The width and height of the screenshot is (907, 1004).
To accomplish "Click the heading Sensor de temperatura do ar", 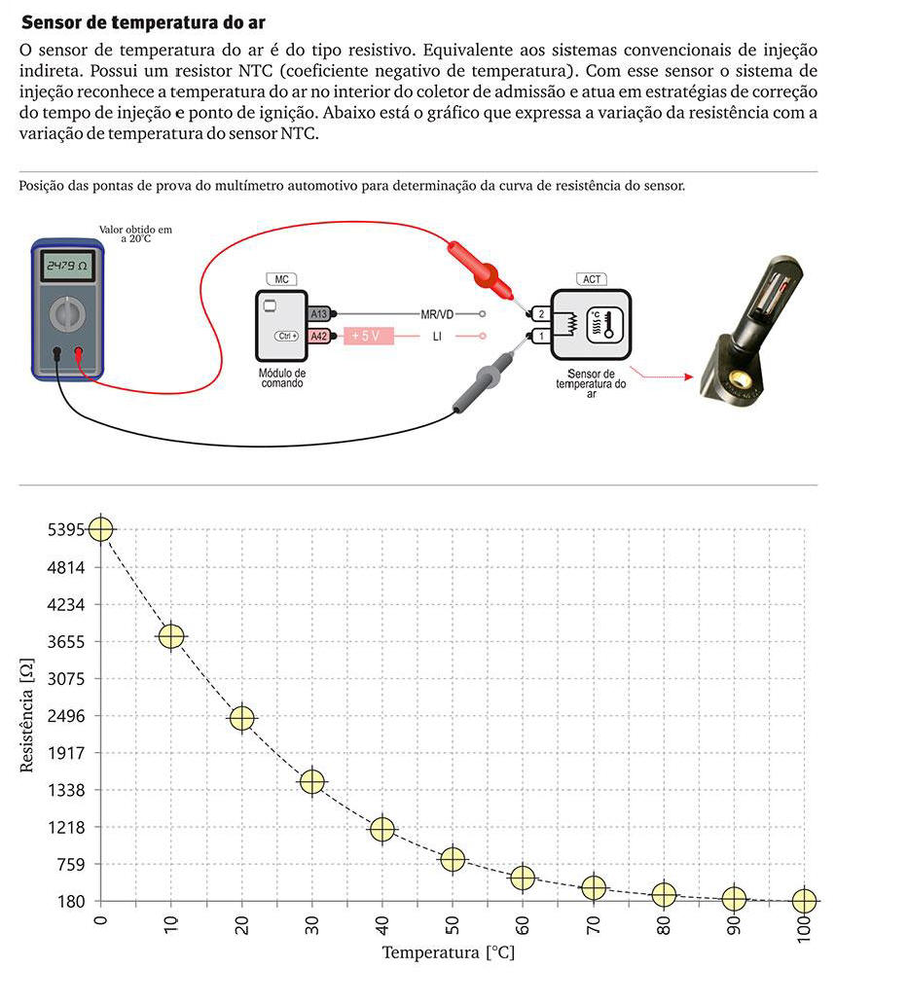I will pyautogui.click(x=143, y=21).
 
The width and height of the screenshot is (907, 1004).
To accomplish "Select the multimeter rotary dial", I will pyautogui.click(x=66, y=313).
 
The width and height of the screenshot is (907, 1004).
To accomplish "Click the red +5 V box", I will pyautogui.click(x=366, y=336).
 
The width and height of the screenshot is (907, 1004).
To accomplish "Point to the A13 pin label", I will pyautogui.click(x=319, y=314).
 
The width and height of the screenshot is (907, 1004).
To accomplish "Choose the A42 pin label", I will pyautogui.click(x=319, y=336).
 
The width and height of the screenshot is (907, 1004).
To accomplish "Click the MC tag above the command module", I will pyautogui.click(x=281, y=279).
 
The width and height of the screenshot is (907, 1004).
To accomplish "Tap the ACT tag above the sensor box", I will pyautogui.click(x=592, y=279).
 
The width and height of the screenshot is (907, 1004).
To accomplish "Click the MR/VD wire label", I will pyautogui.click(x=437, y=314).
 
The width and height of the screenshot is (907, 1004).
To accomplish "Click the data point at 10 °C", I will pyautogui.click(x=171, y=636).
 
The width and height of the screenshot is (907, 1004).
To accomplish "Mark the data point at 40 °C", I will pyautogui.click(x=382, y=829).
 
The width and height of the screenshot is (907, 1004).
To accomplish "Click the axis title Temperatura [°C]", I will pyautogui.click(x=448, y=951).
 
